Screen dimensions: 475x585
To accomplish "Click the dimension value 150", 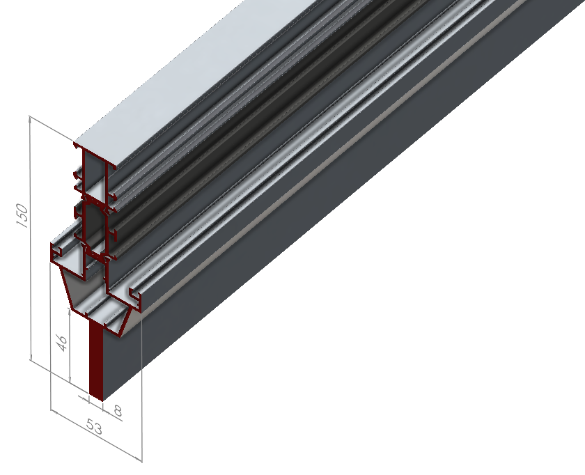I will coord(22,215).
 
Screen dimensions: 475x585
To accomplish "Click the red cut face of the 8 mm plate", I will coord(96,362).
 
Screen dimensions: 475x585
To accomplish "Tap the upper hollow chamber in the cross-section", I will coord(93,174).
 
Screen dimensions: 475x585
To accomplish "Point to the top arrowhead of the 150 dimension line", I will coord(31,120).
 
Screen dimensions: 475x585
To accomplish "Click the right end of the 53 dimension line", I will coord(141,459).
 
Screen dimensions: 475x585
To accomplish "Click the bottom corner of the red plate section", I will coord(102,401).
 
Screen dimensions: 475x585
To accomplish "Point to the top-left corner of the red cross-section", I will coord(75,144).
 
